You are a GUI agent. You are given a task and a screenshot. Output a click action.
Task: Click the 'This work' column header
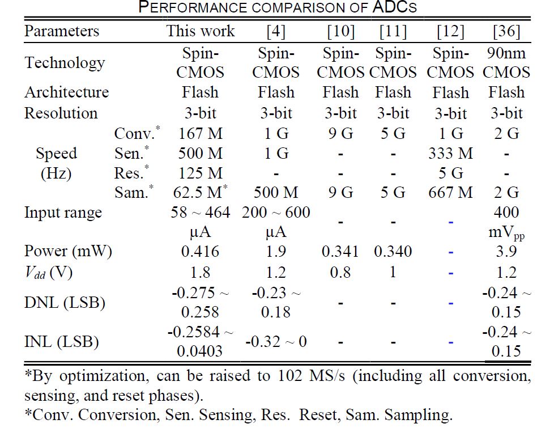[201, 31]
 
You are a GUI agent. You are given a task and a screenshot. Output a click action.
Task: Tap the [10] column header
[340, 31]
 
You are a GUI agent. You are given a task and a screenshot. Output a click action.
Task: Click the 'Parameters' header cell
[62, 31]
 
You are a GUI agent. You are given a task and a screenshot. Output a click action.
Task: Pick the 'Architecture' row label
[66, 92]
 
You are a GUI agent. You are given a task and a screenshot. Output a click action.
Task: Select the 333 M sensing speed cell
[450, 153]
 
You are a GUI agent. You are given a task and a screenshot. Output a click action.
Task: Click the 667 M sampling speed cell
[450, 193]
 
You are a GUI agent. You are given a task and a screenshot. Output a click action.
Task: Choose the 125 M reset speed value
[200, 173]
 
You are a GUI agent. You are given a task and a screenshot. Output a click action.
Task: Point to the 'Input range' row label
[63, 213]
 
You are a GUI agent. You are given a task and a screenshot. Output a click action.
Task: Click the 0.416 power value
[200, 251]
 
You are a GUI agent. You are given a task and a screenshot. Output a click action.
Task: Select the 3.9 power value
[506, 251]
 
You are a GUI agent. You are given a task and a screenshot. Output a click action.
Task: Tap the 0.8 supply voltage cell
[340, 273]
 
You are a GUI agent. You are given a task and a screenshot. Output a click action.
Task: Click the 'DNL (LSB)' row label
[65, 303]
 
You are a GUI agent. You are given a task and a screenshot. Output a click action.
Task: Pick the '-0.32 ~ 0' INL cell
[276, 341]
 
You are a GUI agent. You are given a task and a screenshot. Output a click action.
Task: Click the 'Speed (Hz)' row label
[56, 163]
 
